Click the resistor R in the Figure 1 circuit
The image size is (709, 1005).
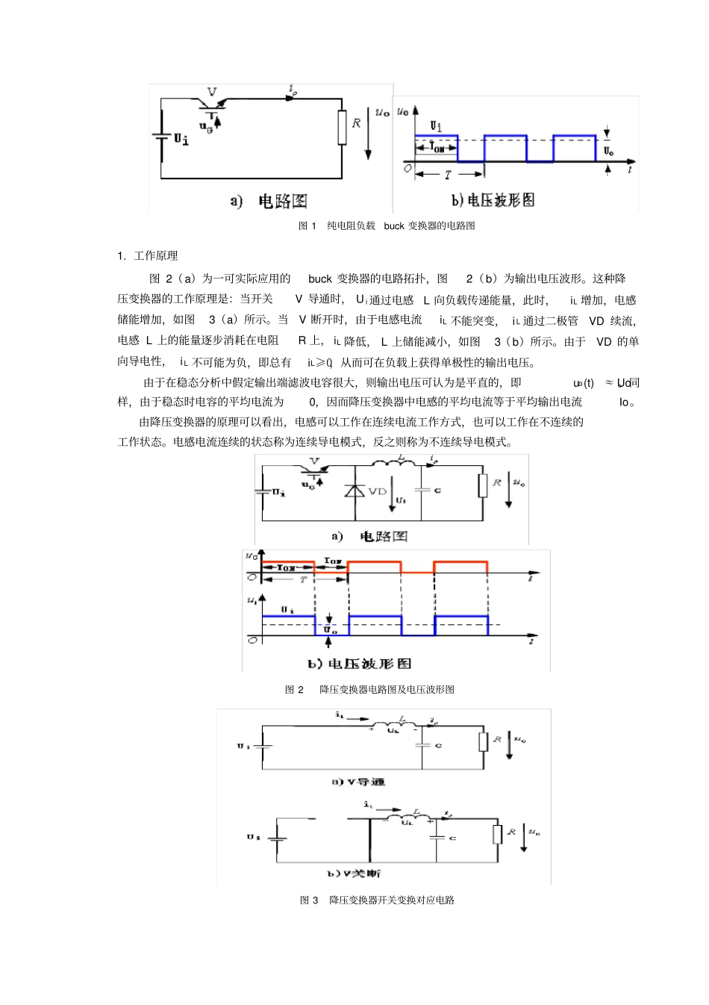343,127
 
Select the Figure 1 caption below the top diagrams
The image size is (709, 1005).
387,225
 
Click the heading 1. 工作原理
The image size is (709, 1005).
148,256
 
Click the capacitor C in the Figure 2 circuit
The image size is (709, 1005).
422,491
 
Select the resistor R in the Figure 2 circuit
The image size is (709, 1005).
483,485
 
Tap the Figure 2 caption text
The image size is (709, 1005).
369,689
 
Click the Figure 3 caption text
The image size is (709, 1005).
377,900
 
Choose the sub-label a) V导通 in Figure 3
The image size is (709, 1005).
358,782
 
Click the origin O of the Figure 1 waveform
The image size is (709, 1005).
407,168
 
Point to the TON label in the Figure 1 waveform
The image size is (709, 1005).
437,148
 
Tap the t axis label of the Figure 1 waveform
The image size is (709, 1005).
631,169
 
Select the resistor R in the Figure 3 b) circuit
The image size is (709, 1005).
497,834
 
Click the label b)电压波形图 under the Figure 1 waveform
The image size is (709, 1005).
493,200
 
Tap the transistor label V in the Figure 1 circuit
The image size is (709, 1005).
212,92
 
